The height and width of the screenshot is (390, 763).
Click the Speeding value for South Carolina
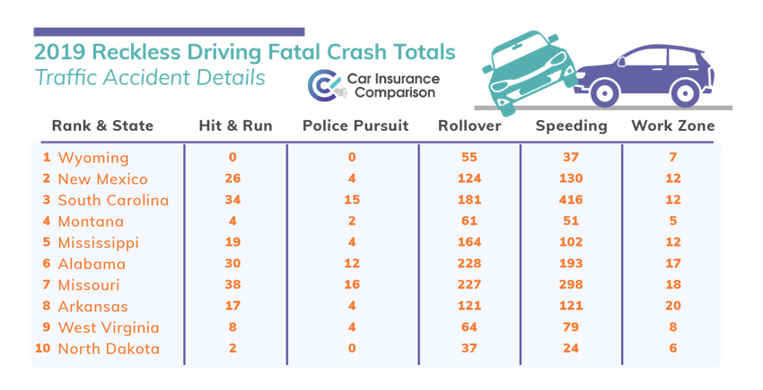click(571, 200)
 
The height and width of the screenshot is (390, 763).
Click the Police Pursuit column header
click(355, 126)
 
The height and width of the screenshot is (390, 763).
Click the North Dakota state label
click(109, 349)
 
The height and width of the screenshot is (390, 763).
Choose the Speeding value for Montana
click(571, 221)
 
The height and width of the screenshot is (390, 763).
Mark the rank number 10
click(42, 349)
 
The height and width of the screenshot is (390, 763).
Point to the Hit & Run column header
click(235, 126)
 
